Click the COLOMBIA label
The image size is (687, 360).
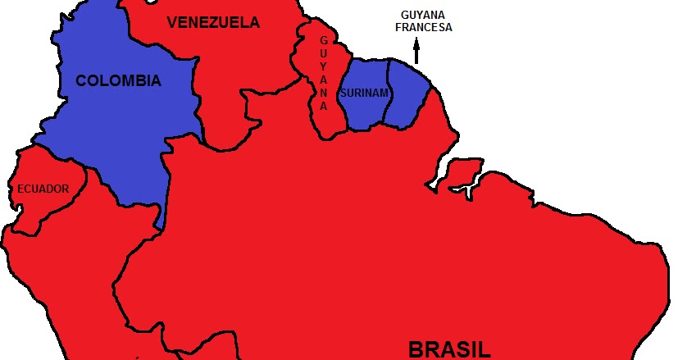(x=118, y=80)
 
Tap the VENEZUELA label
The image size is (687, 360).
(x=213, y=23)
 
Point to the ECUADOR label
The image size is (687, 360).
(x=43, y=189)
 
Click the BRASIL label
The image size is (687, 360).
(x=449, y=349)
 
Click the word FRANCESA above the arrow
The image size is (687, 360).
(x=423, y=27)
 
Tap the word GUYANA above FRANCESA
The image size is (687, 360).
(x=423, y=15)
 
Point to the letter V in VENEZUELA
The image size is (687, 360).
(x=172, y=23)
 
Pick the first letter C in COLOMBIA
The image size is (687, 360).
(x=81, y=80)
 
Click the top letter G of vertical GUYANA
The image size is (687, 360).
(x=324, y=39)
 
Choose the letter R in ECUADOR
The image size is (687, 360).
(x=66, y=189)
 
